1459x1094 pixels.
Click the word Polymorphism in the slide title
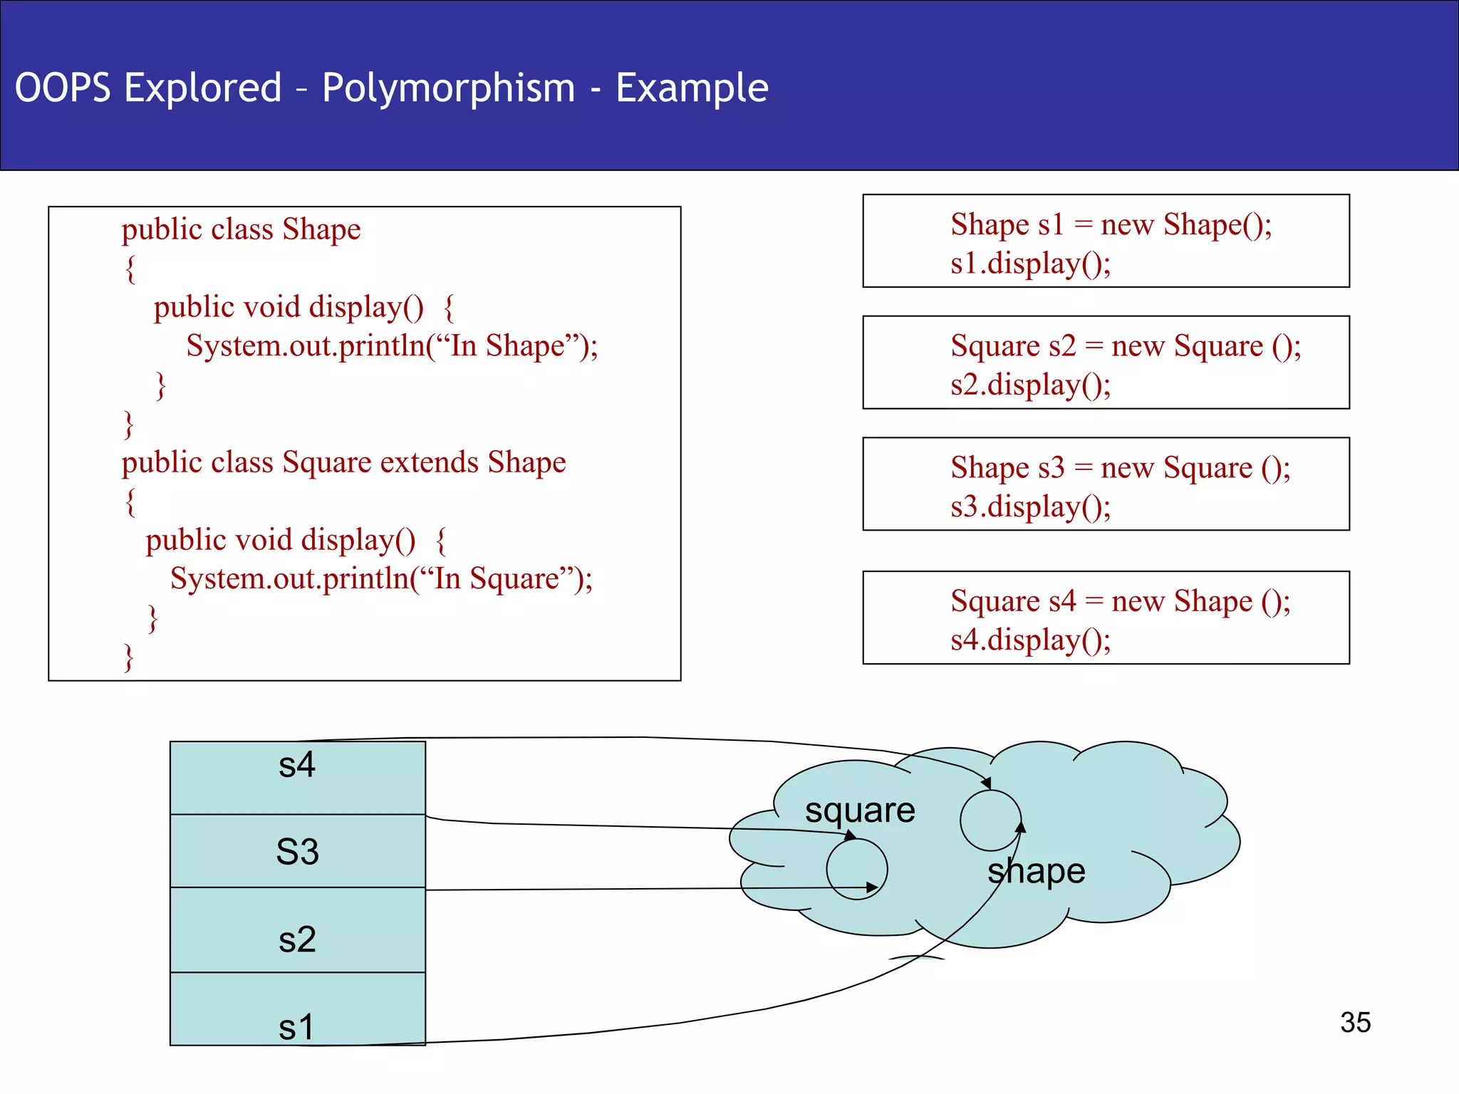pyautogui.click(x=448, y=88)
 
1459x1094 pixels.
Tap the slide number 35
pyautogui.click(x=1355, y=1022)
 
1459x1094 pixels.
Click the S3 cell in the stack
pyautogui.click(x=297, y=851)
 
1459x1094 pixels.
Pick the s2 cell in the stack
pyautogui.click(x=297, y=930)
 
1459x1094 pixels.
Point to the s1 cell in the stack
pyautogui.click(x=297, y=1010)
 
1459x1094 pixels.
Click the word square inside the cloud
pyautogui.click(x=860, y=811)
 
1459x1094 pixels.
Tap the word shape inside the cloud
pyautogui.click(x=1037, y=871)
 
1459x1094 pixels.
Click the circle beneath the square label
pyautogui.click(x=856, y=869)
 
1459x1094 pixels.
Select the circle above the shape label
pyautogui.click(x=990, y=820)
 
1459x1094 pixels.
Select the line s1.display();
pyautogui.click(x=1030, y=264)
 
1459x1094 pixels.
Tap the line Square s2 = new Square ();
pyautogui.click(x=1126, y=346)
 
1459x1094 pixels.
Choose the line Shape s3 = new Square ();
pyautogui.click(x=1120, y=468)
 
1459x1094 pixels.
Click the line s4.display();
pyautogui.click(x=1030, y=640)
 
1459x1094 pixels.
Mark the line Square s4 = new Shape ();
pyautogui.click(x=1120, y=601)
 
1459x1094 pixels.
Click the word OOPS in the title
pyautogui.click(x=63, y=88)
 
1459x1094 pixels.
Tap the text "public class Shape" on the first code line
pyautogui.click(x=241, y=229)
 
